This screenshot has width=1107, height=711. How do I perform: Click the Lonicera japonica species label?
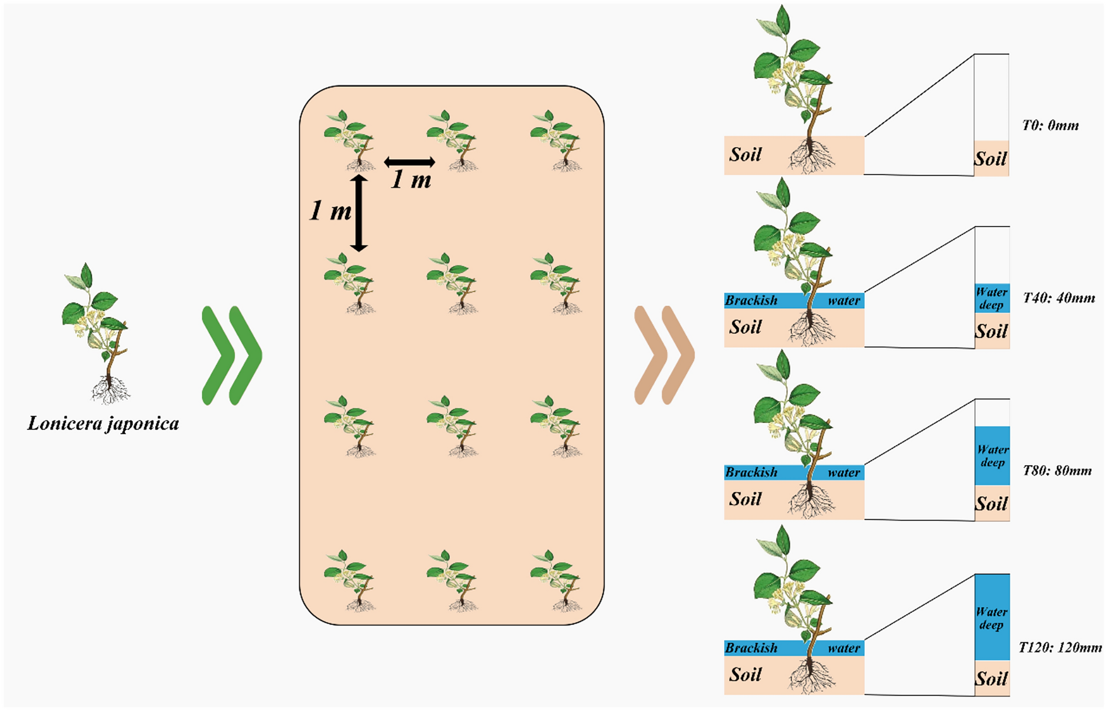pyautogui.click(x=103, y=423)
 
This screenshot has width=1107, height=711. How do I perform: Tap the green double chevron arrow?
pyautogui.click(x=232, y=355)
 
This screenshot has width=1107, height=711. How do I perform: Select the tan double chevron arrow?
pyautogui.click(x=664, y=355)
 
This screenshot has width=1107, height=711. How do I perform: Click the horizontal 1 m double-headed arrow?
pyautogui.click(x=409, y=162)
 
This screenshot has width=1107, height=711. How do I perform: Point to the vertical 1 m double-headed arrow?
pyautogui.click(x=359, y=213)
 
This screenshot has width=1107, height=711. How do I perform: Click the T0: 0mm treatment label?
pyautogui.click(x=1050, y=126)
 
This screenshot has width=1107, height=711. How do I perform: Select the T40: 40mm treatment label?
pyautogui.click(x=1058, y=298)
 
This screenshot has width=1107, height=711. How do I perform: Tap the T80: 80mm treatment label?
pyautogui.click(x=1057, y=471)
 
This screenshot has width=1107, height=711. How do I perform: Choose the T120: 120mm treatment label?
pyautogui.click(x=1060, y=648)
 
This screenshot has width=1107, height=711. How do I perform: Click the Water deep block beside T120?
pyautogui.click(x=992, y=617)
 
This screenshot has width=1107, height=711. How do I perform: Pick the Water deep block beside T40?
pyautogui.click(x=992, y=298)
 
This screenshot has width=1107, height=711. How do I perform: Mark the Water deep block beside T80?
pyautogui.click(x=992, y=455)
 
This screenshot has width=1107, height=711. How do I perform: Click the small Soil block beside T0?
pyautogui.click(x=991, y=159)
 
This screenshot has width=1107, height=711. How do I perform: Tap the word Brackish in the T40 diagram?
pyautogui.click(x=751, y=300)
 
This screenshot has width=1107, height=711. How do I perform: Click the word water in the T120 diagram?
pyautogui.click(x=843, y=648)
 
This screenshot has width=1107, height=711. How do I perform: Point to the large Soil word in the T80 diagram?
pyautogui.click(x=745, y=499)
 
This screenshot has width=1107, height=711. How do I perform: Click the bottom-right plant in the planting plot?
pyautogui.click(x=556, y=580)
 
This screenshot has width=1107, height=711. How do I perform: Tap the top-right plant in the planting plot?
pyautogui.click(x=556, y=140)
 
